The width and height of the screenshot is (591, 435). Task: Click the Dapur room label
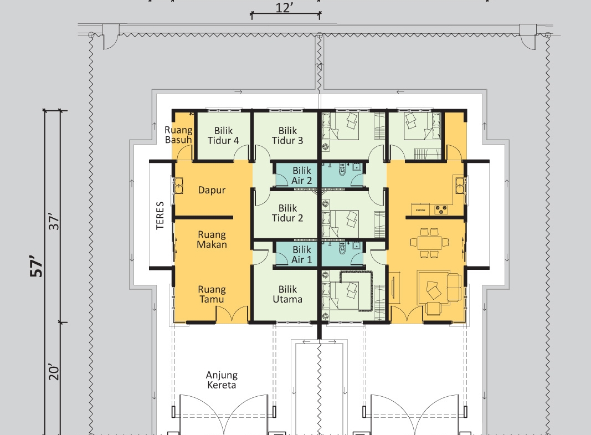pos(212,191)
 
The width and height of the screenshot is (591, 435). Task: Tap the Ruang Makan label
pos(212,239)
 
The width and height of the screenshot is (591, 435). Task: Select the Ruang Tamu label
pos(212,294)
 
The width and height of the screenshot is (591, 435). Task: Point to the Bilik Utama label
pos(287,294)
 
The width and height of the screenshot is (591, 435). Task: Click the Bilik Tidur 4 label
pos(223,136)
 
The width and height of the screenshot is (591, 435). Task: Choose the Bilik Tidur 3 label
pos(287,136)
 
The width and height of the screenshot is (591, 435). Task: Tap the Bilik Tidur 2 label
pos(287,213)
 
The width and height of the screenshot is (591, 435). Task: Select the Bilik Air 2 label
pos(302,176)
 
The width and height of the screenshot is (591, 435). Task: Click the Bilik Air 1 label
pos(302,255)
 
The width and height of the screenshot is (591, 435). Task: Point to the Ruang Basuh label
pos(179,135)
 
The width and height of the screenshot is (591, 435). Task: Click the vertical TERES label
pos(160,216)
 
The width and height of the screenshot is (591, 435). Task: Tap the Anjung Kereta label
pos(222,380)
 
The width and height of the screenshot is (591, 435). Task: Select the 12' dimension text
pos(284,8)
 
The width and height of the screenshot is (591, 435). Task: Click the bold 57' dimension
pos(37,267)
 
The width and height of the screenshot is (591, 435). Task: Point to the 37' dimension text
pos(54,222)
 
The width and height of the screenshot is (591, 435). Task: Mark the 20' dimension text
pos(54,372)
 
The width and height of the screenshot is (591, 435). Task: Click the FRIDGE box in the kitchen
pos(420,209)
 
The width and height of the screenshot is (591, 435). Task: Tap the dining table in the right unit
pos(429,242)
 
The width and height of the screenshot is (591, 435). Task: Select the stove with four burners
pos(441,209)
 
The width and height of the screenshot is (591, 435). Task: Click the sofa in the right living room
pos(454,287)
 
